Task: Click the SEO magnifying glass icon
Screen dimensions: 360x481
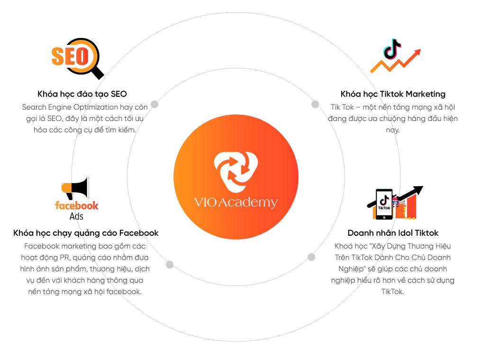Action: [77, 57]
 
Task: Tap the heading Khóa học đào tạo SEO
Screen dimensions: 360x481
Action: [82, 94]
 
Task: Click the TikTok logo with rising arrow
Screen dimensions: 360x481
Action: [395, 56]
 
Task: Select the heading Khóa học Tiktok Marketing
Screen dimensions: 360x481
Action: [393, 94]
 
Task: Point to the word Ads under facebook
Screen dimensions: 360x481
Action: [76, 216]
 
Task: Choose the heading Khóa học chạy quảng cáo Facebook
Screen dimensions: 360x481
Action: [86, 233]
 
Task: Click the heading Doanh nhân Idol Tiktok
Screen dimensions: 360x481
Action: [393, 233]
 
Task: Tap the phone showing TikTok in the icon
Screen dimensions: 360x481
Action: [384, 204]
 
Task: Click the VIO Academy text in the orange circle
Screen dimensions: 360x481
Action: [236, 203]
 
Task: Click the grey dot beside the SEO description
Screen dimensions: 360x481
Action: [154, 104]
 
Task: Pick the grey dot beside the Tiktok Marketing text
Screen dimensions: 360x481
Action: [315, 104]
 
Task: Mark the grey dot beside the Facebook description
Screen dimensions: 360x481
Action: [170, 265]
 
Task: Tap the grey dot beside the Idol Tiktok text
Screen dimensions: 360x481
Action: [311, 257]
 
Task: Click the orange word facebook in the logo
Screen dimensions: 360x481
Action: [77, 205]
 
